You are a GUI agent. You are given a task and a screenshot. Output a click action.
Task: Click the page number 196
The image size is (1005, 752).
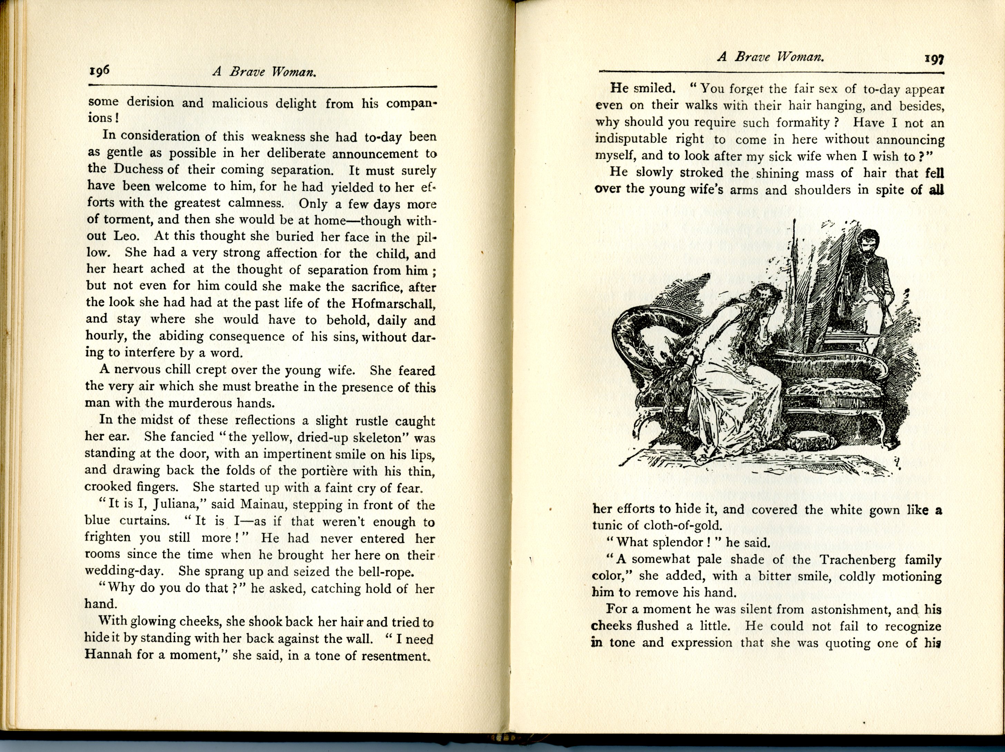tap(99, 72)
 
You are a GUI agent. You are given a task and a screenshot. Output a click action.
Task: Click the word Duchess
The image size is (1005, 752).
tap(138, 169)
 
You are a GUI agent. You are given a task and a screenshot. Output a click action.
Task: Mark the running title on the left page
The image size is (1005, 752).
tap(264, 72)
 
